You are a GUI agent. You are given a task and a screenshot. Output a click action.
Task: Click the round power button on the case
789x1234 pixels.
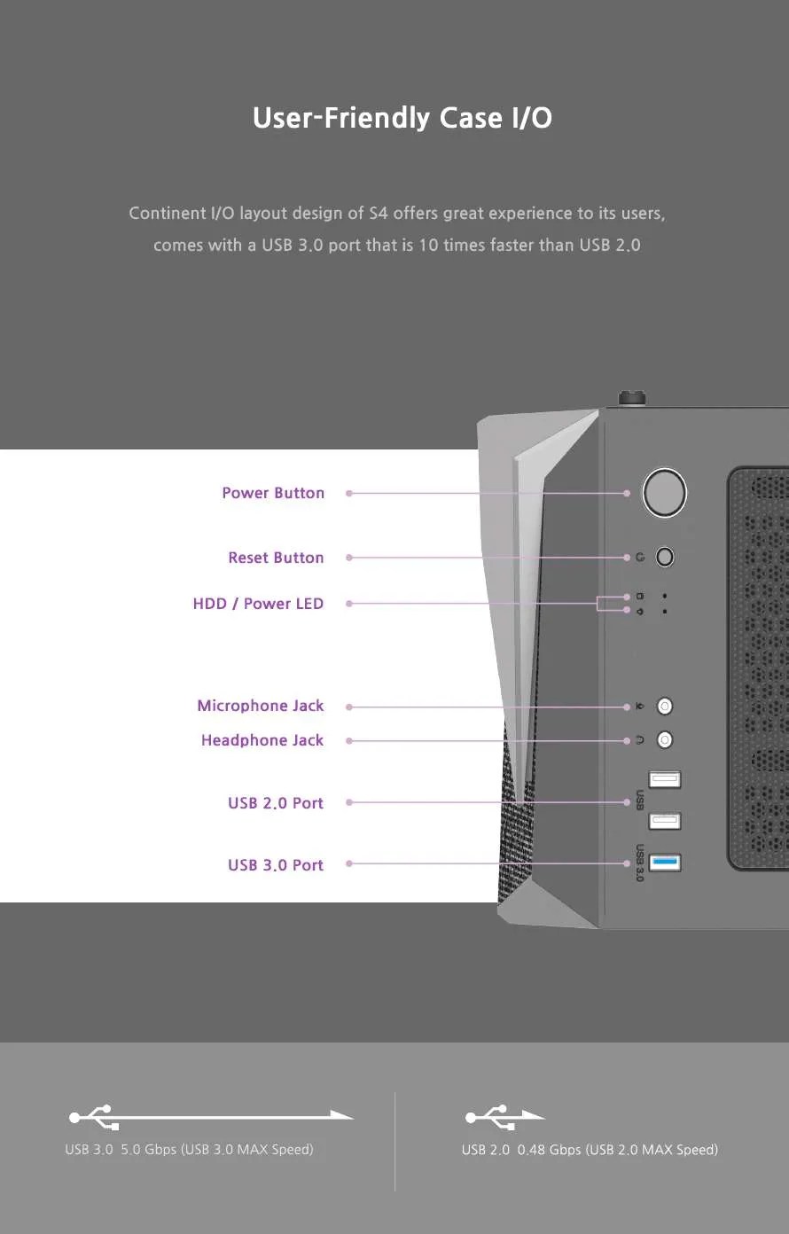[x=665, y=493]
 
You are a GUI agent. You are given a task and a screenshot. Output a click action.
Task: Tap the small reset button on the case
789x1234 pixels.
[x=665, y=557]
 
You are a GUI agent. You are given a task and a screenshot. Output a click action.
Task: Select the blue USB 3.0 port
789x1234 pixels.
[x=665, y=863]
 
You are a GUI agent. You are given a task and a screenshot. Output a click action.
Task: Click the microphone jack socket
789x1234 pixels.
[x=665, y=706]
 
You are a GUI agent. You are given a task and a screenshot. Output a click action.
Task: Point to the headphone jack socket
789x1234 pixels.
[x=665, y=739]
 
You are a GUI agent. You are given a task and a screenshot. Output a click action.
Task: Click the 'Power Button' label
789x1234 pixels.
[x=273, y=493]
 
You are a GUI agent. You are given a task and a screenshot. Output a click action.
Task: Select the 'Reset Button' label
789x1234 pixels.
[x=276, y=558]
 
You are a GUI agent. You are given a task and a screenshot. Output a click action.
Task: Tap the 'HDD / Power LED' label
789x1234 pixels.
[x=258, y=604]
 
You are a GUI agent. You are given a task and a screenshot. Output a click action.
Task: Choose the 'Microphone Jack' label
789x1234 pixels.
[x=260, y=706]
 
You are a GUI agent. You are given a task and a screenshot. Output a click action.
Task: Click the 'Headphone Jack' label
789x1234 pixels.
[x=262, y=740]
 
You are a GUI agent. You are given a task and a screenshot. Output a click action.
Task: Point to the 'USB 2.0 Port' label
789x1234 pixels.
[x=276, y=803]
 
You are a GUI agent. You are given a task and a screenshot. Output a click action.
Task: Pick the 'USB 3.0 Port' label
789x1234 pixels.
[x=276, y=865]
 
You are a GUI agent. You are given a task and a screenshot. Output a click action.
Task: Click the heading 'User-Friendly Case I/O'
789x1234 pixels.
[x=402, y=118]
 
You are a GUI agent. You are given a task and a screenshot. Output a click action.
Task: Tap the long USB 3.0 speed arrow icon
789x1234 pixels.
[x=211, y=1117]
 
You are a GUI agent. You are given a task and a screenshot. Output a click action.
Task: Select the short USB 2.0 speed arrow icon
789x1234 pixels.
[x=505, y=1117]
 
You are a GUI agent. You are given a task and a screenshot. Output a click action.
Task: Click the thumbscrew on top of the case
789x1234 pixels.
[x=632, y=398]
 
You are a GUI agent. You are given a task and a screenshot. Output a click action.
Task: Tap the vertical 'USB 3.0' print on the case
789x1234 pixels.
[x=640, y=863]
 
